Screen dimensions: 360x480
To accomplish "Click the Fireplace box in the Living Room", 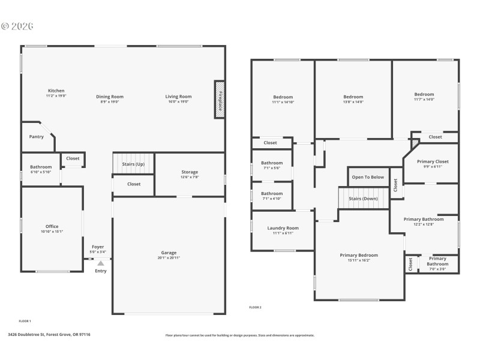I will pos(220,100).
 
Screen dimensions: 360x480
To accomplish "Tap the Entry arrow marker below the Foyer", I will pos(101,263).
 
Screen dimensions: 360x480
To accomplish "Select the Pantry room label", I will pos(37,137).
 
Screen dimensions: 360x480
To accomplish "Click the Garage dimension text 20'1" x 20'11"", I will pos(169,257).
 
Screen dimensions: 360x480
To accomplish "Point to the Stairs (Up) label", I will pos(133,164).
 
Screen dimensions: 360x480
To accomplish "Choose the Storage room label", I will pos(190,172).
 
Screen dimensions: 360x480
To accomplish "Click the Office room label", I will pos(52,226).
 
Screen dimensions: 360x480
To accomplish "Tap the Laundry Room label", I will pos(283,228).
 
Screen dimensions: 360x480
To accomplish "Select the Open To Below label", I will pos(368,177).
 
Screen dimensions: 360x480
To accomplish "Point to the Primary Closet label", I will pos(433,161).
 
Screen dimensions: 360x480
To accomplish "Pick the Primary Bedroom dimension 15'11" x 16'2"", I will pos(359,260).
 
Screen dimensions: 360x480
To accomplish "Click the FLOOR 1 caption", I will pos(25,321).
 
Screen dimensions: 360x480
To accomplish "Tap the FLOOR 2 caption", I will pos(255,307).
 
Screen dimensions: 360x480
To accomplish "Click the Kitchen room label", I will pos(56,91).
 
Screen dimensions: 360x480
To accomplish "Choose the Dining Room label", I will pos(110,97).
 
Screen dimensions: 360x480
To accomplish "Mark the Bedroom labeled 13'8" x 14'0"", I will pos(353,97).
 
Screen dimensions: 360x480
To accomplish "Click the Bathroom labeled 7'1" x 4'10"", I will pos(272,194).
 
